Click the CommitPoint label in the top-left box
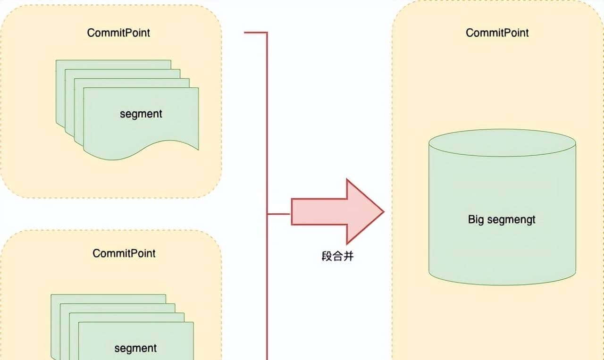click(118, 33)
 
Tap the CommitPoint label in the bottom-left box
click(124, 253)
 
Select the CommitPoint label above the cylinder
click(497, 33)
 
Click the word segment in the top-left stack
click(141, 114)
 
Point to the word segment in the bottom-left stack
click(135, 348)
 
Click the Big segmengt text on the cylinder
click(502, 219)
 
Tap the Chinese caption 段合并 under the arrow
click(336, 257)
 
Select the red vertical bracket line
click(267, 142)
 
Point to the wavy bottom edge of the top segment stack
click(142, 152)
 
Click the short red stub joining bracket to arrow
click(279, 214)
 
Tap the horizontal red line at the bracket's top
click(256, 33)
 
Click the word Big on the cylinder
click(476, 219)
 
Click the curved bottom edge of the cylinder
click(502, 283)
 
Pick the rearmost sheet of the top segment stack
click(113, 64)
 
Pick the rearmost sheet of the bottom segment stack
click(109, 298)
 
